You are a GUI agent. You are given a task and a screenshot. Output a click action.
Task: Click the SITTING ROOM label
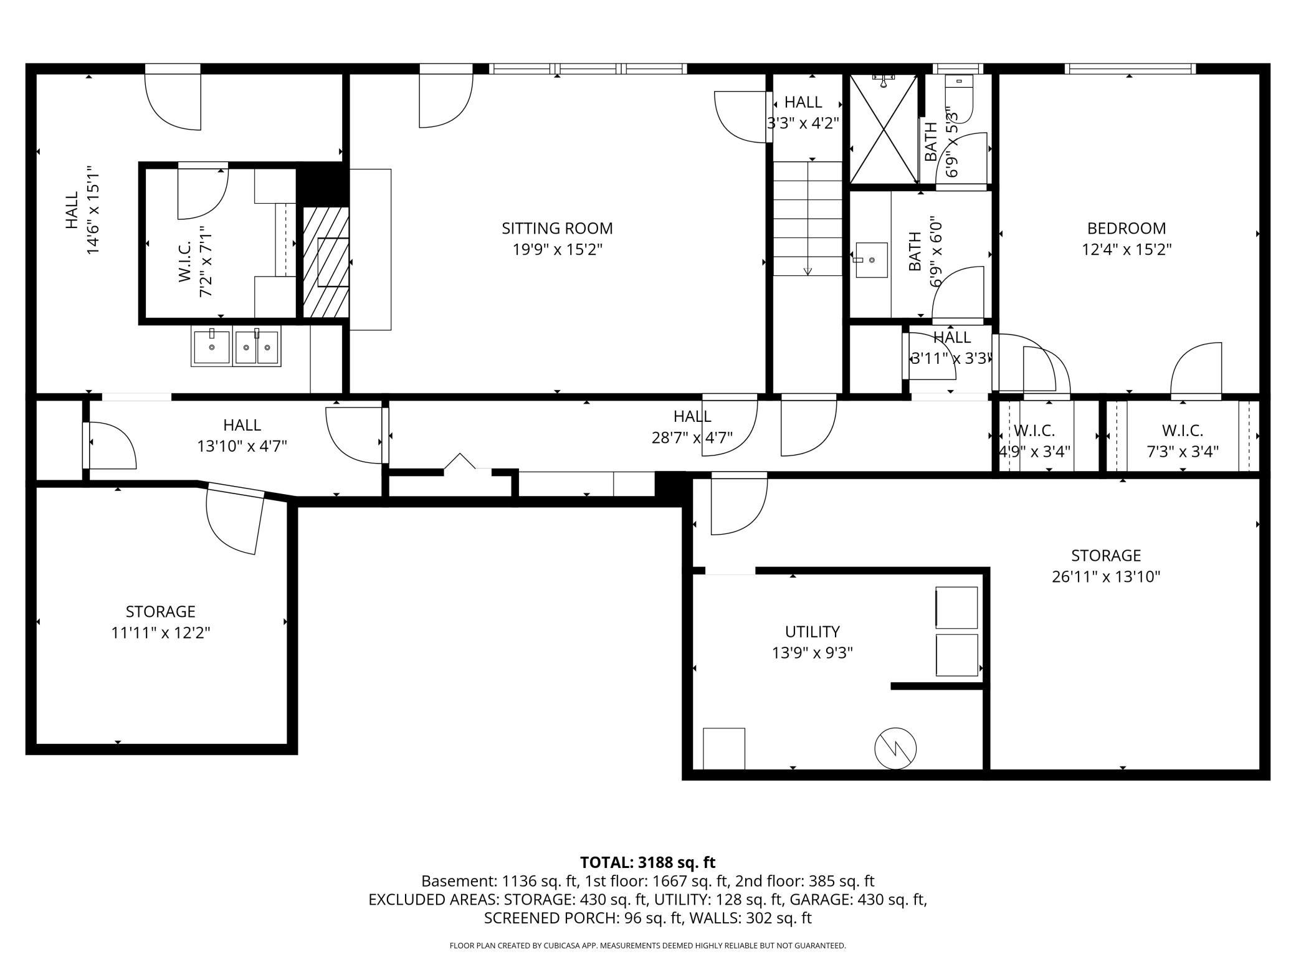coord(557,229)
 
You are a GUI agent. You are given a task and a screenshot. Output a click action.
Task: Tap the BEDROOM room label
coord(1127,229)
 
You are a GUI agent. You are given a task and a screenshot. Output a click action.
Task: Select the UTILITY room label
coord(812,632)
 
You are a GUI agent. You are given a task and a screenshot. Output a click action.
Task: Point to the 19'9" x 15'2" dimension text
coord(557,250)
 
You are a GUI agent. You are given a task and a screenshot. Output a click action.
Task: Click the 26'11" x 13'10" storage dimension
coord(1106,577)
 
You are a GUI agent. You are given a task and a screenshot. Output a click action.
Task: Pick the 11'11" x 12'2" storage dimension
coord(161,633)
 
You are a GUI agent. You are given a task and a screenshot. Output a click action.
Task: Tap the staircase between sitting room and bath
coord(808,218)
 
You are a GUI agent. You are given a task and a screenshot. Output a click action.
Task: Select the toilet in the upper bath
coord(959,98)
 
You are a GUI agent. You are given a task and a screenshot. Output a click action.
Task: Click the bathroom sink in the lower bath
coord(871,260)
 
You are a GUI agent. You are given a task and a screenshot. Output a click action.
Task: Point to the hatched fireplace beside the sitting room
coord(326,262)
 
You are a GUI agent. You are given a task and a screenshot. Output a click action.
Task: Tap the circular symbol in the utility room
coord(895,748)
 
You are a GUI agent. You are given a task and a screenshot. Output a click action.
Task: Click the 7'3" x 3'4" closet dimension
coord(1183,451)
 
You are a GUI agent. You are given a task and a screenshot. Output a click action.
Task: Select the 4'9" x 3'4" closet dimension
coord(1034,451)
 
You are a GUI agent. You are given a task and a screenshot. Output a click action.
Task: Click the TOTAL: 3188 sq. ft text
coord(648,862)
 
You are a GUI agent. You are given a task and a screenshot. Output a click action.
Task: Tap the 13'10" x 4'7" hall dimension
coord(242,446)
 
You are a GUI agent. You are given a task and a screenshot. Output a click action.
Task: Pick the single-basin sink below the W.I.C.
coord(212,346)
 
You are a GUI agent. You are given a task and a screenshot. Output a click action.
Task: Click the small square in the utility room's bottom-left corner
coord(724,748)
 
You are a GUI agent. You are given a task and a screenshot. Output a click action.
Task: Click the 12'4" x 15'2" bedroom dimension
coord(1127,250)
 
